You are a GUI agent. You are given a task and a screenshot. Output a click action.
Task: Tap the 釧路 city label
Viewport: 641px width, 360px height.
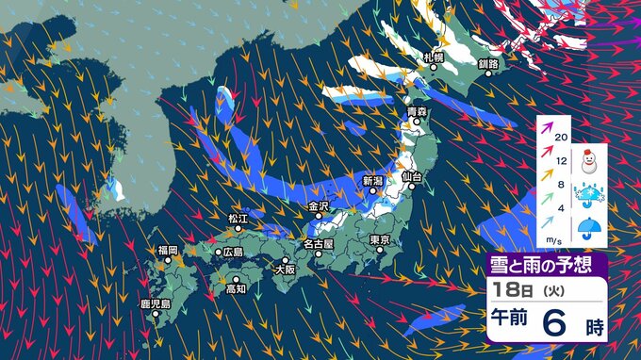pyautogui.click(x=487, y=64)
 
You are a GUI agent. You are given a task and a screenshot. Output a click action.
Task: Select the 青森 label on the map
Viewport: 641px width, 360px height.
pyautogui.click(x=418, y=113)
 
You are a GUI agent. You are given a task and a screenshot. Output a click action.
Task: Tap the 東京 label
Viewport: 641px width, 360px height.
pyautogui.click(x=381, y=239)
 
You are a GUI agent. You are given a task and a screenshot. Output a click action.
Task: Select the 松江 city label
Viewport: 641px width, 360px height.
pyautogui.click(x=237, y=219)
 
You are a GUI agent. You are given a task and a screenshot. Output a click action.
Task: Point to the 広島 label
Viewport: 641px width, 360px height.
pyautogui.click(x=233, y=253)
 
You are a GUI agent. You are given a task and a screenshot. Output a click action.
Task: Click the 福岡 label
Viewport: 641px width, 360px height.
pyautogui.click(x=168, y=251)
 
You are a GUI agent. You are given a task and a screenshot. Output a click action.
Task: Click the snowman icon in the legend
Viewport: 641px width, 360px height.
pyautogui.click(x=591, y=159)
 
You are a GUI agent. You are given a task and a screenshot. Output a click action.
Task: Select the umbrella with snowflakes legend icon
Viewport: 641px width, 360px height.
pyautogui.click(x=591, y=194)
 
